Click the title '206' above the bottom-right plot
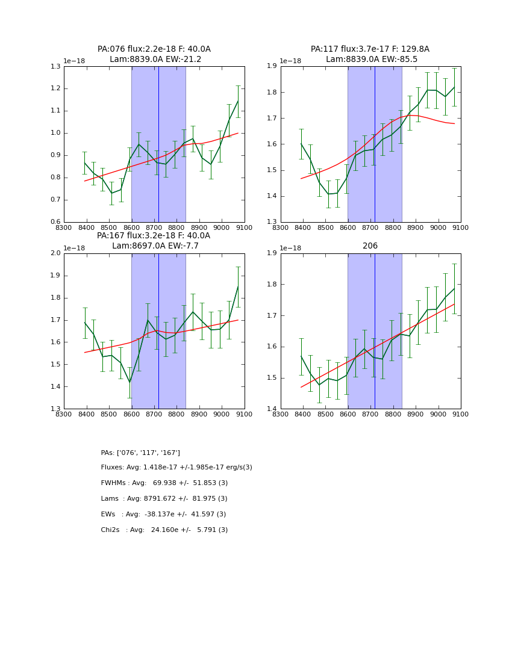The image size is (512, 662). point(370,246)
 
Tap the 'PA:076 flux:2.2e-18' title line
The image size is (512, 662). point(154,49)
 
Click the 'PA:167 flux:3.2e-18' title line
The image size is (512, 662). point(154,236)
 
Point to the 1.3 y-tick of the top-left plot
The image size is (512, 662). point(55,66)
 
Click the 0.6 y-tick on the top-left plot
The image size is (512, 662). point(55,222)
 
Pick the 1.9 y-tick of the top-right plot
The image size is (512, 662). point(271,66)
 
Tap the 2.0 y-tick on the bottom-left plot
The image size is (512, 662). point(55,253)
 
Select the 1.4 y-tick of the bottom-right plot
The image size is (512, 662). point(271,409)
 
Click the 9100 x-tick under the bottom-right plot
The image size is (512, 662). point(461,414)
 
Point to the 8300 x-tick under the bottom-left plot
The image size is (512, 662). point(64,414)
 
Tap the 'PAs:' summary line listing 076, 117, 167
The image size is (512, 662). point(140,453)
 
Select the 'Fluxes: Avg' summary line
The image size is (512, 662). point(176,468)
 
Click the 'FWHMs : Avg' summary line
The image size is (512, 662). point(164,483)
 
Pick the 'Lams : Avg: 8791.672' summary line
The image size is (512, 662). point(164,499)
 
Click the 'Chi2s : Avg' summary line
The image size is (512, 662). point(164,530)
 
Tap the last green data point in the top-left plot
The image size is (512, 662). point(238,101)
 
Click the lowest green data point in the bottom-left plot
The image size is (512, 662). point(130,382)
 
